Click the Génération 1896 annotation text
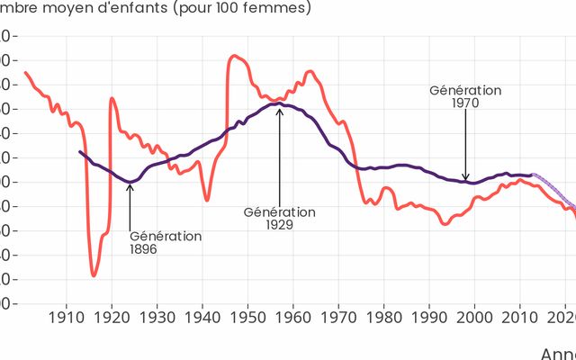(x=166, y=242)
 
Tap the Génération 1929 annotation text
(x=280, y=218)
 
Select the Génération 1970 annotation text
(x=465, y=96)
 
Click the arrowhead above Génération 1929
(x=279, y=108)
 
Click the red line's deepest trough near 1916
(x=93, y=274)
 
